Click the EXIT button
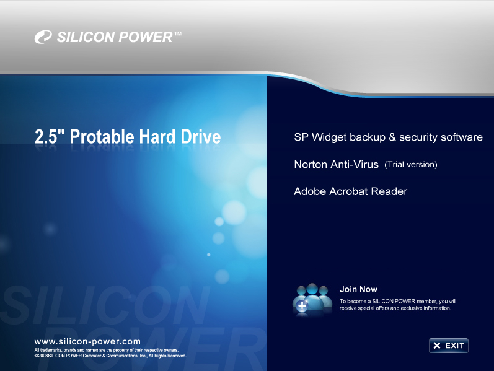[x=448, y=346]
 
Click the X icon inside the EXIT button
[x=437, y=346]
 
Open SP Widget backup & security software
[x=388, y=137]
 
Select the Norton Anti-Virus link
[x=337, y=165]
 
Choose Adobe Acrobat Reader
[x=350, y=191]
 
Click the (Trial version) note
[x=411, y=165]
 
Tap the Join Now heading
[x=358, y=290]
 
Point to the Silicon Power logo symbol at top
[x=43, y=38]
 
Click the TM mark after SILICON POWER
[x=178, y=35]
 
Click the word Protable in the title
[x=102, y=137]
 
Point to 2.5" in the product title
[x=50, y=137]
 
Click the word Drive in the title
[x=200, y=137]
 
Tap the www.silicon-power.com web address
[x=87, y=341]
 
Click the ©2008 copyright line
[x=110, y=356]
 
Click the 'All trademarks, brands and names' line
[x=106, y=351]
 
